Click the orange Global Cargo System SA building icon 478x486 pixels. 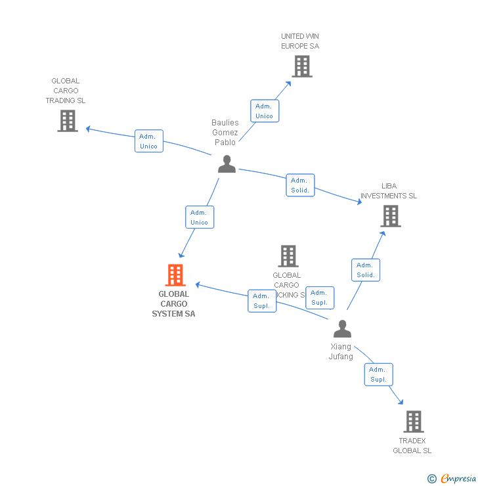(x=175, y=275)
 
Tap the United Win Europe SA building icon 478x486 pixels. (x=301, y=66)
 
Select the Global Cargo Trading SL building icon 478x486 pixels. (x=67, y=121)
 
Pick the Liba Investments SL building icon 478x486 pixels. (x=390, y=215)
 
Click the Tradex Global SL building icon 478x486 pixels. (x=413, y=422)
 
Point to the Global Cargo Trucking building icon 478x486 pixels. (x=288, y=256)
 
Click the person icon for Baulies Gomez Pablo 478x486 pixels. (x=227, y=164)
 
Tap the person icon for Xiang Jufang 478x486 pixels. (x=342, y=328)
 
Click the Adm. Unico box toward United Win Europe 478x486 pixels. (x=264, y=111)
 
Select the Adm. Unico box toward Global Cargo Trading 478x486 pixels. (x=149, y=141)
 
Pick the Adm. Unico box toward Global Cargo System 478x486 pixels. (x=199, y=217)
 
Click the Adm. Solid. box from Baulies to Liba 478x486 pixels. (x=300, y=185)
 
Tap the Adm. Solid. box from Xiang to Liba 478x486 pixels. (x=366, y=270)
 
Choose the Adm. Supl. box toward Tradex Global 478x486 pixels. (x=378, y=374)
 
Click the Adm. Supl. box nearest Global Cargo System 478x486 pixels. (x=262, y=301)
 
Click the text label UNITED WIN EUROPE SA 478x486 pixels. (x=300, y=41)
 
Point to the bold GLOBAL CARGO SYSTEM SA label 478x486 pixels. (x=173, y=304)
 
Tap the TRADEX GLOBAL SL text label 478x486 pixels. (x=412, y=445)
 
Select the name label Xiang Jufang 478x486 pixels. (x=341, y=351)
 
